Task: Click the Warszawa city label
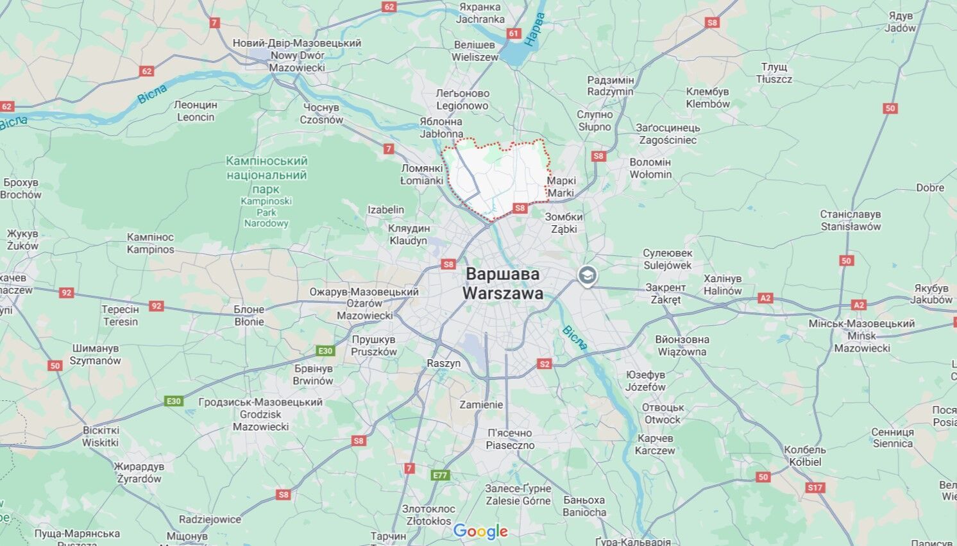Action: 502,284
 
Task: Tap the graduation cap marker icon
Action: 586,276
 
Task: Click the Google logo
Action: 480,531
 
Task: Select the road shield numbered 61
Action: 513,33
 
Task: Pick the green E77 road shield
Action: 439,475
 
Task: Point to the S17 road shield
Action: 815,488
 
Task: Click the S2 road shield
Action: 544,364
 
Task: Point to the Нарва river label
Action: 534,29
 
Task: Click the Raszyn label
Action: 444,363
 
